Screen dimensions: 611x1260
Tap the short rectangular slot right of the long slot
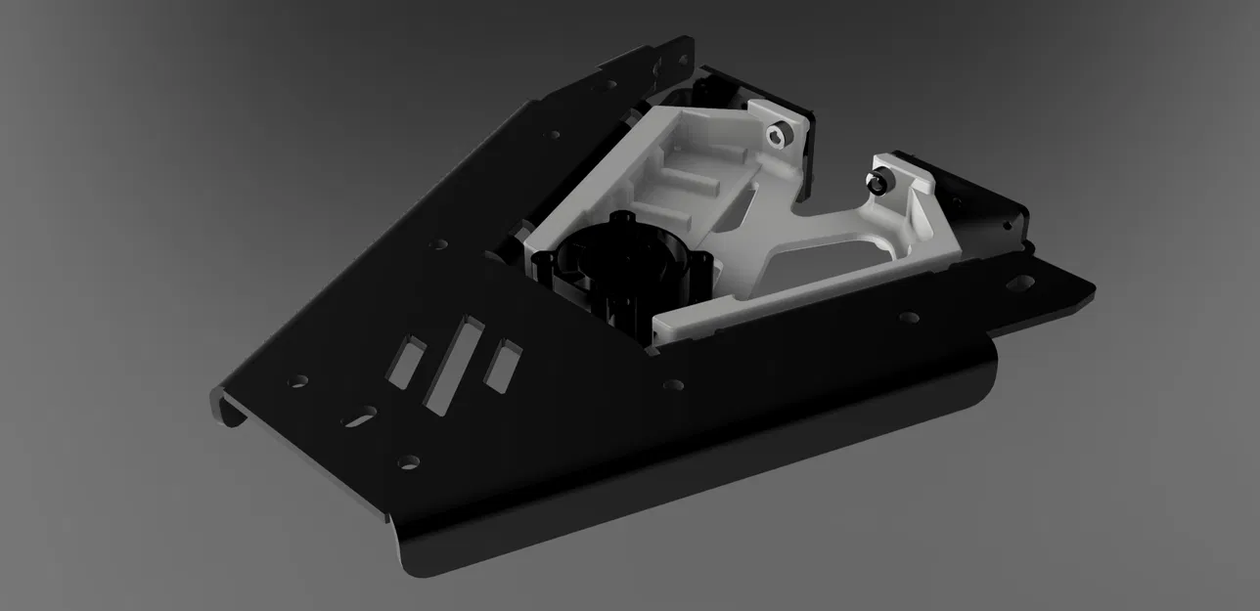click(505, 365)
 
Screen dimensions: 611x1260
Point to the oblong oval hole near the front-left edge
click(359, 415)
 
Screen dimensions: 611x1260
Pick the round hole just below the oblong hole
click(409, 460)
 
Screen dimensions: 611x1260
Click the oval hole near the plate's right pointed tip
click(1019, 284)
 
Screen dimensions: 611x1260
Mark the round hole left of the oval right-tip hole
click(908, 317)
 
